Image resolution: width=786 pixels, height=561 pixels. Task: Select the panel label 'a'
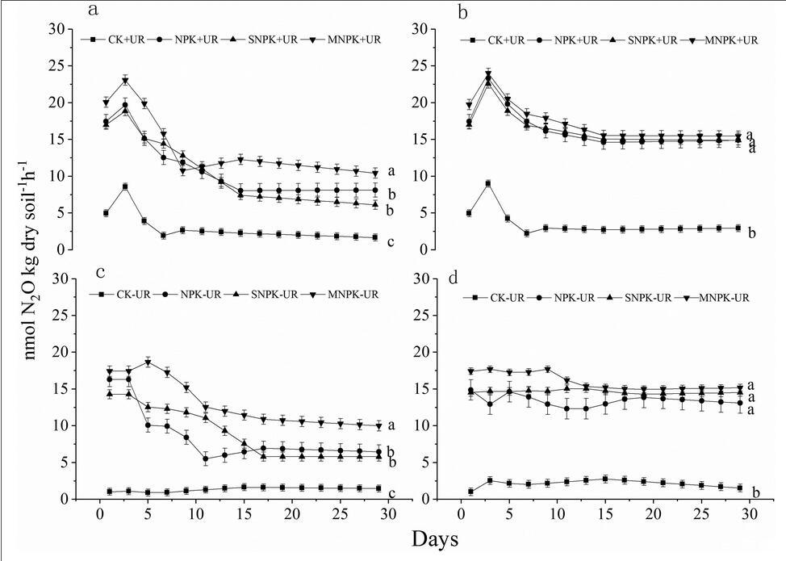point(94,10)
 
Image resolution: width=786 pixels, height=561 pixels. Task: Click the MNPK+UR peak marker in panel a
point(125,81)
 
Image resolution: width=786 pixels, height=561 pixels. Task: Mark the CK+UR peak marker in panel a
point(125,186)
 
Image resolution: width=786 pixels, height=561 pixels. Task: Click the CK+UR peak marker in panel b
point(487,183)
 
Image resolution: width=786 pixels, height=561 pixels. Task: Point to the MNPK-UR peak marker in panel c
point(148,362)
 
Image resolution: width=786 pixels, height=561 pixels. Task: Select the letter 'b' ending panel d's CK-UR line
point(755,492)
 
